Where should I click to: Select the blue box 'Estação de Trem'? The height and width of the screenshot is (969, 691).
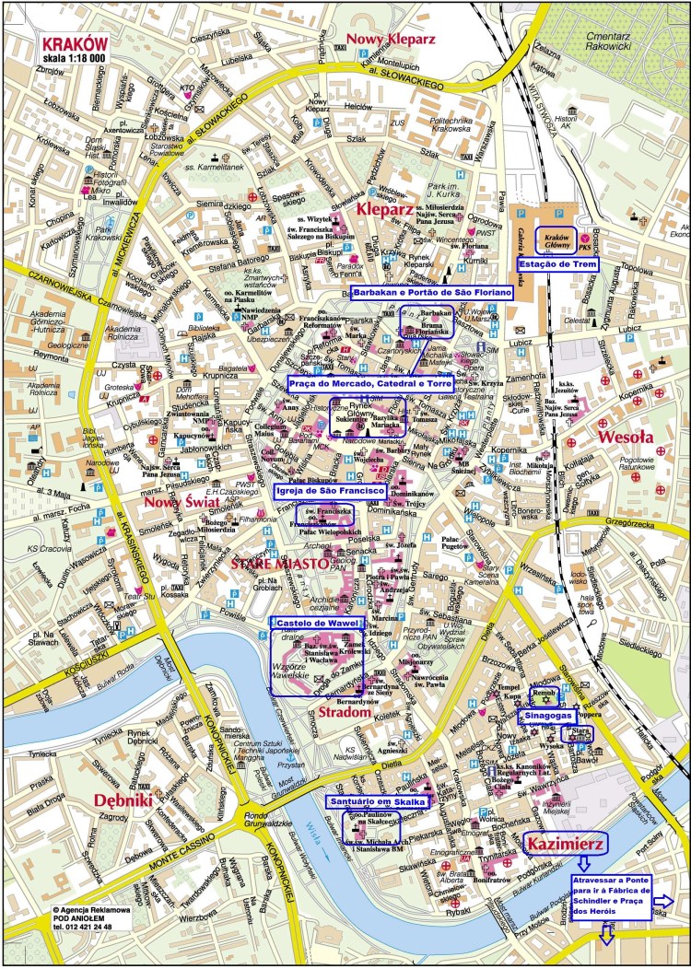point(559,264)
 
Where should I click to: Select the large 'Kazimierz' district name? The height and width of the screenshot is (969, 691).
point(564,842)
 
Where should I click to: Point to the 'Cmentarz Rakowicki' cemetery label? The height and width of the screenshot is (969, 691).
point(629,34)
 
